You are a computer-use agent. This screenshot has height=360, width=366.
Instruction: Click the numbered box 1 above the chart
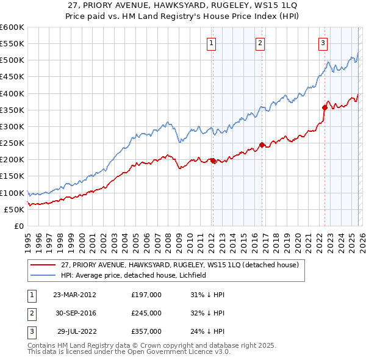(211, 43)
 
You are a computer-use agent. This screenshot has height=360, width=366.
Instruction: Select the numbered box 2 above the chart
(260, 43)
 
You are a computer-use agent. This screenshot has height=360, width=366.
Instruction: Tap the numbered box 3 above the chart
(323, 43)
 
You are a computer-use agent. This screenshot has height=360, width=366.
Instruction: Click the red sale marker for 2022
(325, 107)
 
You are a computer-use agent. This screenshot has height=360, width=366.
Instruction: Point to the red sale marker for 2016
(262, 145)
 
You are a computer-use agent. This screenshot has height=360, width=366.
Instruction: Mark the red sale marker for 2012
(213, 160)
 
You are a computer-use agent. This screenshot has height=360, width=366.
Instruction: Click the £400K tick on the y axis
(12, 93)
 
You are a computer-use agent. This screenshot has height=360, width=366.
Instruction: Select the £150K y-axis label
(12, 176)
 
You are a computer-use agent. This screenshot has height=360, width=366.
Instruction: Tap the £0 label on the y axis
(18, 226)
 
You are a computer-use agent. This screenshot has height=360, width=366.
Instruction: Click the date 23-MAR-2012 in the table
(74, 295)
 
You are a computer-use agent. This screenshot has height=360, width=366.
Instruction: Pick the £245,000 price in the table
(146, 313)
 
